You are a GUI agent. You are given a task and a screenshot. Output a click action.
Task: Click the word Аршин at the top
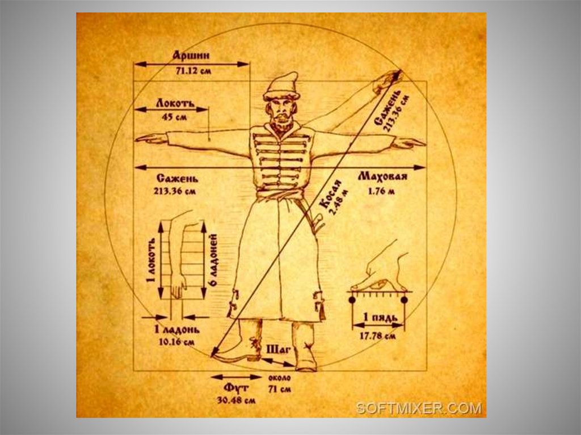[191, 55]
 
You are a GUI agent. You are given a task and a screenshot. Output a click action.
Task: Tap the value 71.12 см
[191, 72]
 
